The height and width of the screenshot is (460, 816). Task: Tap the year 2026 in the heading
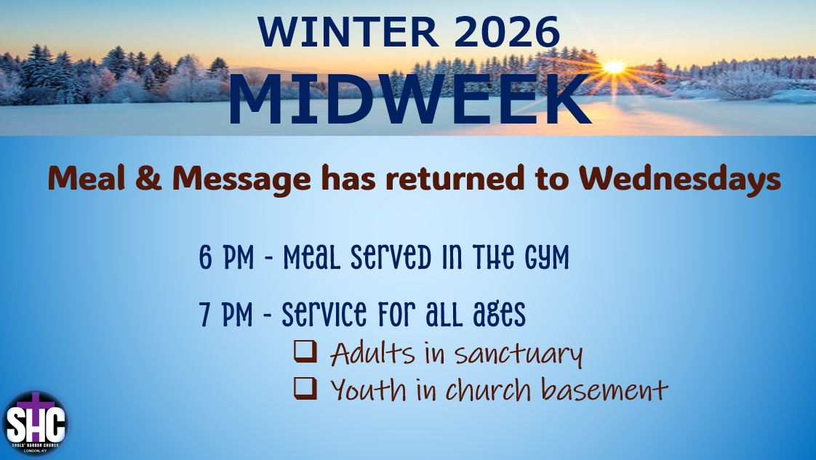[507, 32]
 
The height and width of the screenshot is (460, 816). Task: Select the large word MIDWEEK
[409, 100]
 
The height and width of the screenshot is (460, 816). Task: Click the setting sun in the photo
[614, 67]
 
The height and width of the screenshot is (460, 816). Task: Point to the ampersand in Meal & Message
[149, 178]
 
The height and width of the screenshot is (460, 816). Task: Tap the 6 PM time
[226, 257]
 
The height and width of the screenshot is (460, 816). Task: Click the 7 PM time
[226, 315]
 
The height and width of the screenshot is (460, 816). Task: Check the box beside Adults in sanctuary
[305, 352]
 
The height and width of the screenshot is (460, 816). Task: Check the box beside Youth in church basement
[305, 388]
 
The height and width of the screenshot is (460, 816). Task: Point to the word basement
[604, 390]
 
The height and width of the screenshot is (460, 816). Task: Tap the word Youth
[368, 390]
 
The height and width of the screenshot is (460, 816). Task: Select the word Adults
[372, 353]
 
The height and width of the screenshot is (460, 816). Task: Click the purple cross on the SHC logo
[36, 404]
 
